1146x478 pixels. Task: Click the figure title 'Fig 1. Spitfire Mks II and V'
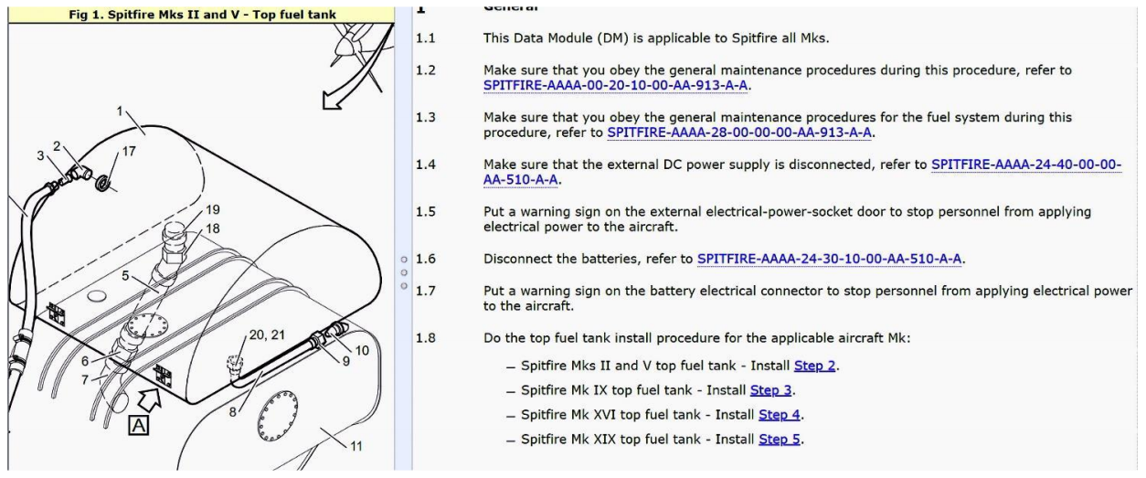click(196, 14)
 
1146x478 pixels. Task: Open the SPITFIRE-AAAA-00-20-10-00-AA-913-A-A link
click(618, 86)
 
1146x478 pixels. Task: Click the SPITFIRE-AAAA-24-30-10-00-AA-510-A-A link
click(829, 259)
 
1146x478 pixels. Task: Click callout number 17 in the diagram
click(129, 151)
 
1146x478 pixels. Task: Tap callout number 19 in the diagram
click(213, 209)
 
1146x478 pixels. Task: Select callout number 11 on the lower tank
click(357, 446)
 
